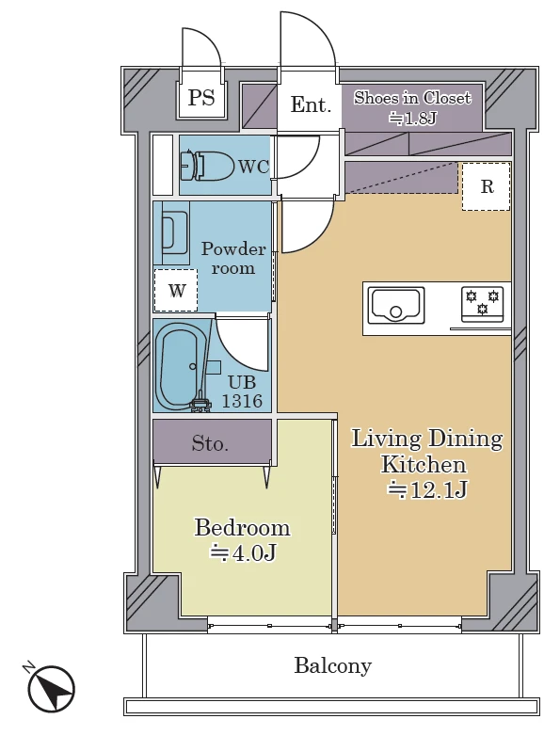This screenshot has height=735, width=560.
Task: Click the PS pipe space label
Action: [x=201, y=98]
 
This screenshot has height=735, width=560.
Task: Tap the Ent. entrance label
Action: [x=311, y=104]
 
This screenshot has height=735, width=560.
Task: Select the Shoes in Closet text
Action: [x=412, y=98]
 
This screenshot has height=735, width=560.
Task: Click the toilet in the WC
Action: [x=208, y=165]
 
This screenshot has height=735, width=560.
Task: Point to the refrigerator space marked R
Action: [x=487, y=186]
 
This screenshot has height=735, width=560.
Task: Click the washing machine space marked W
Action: [x=176, y=290]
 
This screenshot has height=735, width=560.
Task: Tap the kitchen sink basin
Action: [x=396, y=305]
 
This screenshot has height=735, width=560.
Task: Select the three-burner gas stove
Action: [x=482, y=304]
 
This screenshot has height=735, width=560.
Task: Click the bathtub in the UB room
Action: [x=179, y=366]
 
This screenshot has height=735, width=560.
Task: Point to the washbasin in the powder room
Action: [x=174, y=233]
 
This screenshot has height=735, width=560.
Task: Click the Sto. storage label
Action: [x=211, y=443]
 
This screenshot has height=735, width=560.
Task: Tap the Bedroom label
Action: [x=242, y=527]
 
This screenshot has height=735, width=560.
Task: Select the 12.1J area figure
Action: [x=427, y=490]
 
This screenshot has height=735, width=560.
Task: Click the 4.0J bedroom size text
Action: [x=243, y=552]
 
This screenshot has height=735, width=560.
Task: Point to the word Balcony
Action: [x=333, y=665]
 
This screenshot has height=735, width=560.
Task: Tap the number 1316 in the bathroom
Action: [x=242, y=401]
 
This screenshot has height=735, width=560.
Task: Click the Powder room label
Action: [x=233, y=258]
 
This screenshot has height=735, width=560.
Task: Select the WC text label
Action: [x=254, y=167]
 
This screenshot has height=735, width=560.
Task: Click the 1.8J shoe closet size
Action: [x=412, y=119]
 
